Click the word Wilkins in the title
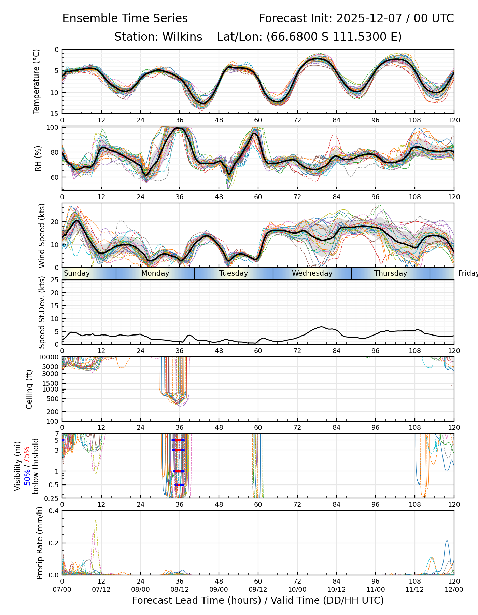click(182, 37)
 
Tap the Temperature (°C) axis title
click(37, 81)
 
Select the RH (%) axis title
click(38, 158)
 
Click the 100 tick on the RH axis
click(53, 128)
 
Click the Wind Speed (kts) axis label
click(42, 235)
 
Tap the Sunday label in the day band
click(77, 273)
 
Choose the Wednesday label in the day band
click(312, 273)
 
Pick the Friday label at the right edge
click(468, 273)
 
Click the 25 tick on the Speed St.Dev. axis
click(55, 280)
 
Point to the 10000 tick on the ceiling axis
click(49, 357)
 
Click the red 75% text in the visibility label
click(27, 455)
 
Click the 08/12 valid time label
click(180, 589)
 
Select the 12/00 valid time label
click(454, 589)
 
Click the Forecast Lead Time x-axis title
click(258, 600)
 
